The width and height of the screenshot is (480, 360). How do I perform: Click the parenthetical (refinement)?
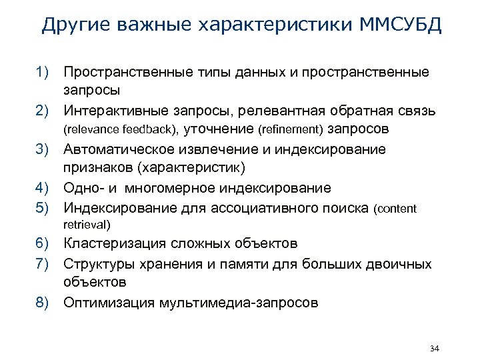(294, 128)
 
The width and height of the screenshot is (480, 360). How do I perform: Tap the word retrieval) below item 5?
(87, 224)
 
